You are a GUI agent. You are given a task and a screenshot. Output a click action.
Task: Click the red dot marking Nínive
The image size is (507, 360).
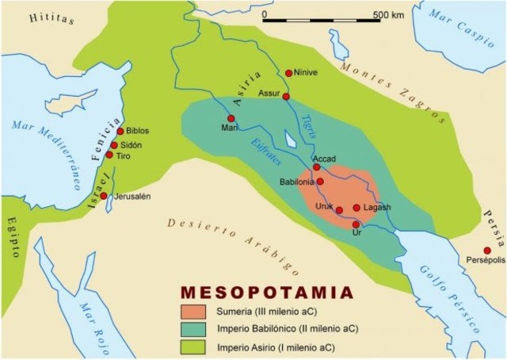[288, 72]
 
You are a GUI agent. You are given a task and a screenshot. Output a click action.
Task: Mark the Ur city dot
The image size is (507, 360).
[356, 224]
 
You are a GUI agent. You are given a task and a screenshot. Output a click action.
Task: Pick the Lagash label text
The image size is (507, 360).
[378, 208]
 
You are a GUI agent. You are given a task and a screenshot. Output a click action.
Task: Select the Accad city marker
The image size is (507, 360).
[317, 167]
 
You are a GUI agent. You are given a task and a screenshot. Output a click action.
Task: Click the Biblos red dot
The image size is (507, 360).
[120, 131]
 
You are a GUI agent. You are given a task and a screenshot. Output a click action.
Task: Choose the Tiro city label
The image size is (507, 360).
[124, 156]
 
